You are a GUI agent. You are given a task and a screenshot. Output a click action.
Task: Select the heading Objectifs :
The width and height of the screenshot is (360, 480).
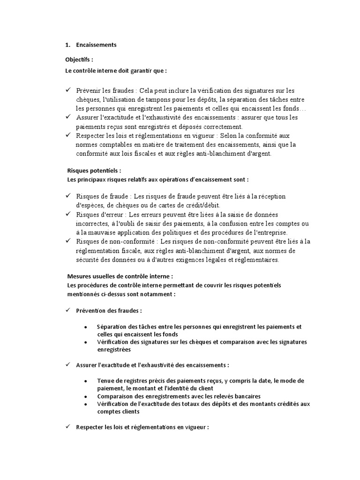[79, 60]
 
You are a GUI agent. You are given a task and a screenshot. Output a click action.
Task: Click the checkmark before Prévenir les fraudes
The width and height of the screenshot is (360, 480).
[68, 90]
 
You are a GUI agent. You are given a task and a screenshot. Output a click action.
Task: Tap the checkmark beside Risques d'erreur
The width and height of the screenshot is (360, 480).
[68, 214]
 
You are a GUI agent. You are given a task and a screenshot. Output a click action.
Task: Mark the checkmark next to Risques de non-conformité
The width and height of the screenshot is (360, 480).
[68, 241]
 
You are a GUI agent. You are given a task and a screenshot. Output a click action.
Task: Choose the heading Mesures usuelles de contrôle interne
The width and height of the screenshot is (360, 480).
[120, 277]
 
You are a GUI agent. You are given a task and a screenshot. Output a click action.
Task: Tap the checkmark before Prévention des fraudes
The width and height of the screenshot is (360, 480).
[68, 310]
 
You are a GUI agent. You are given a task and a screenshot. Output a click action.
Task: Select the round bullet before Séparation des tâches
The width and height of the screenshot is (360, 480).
[85, 327]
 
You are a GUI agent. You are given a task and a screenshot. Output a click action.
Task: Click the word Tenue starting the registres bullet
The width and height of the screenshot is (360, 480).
[106, 380]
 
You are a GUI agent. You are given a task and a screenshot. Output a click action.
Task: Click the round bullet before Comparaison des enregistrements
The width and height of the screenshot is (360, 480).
[85, 396]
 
